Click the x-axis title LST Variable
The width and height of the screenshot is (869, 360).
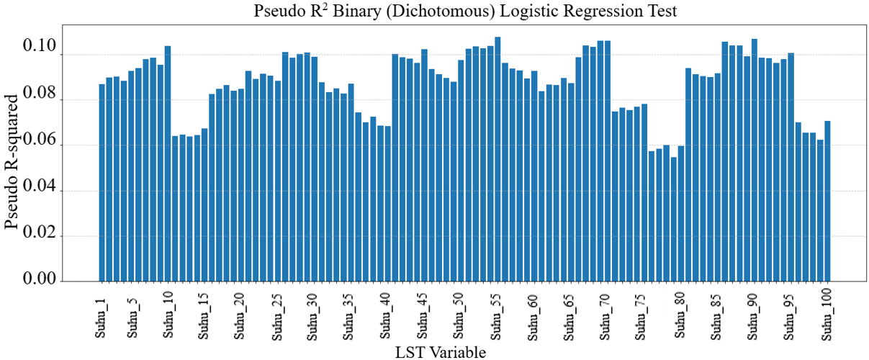[441, 352]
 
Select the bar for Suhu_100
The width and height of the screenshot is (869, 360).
[828, 201]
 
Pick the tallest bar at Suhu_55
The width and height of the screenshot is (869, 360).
[497, 159]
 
